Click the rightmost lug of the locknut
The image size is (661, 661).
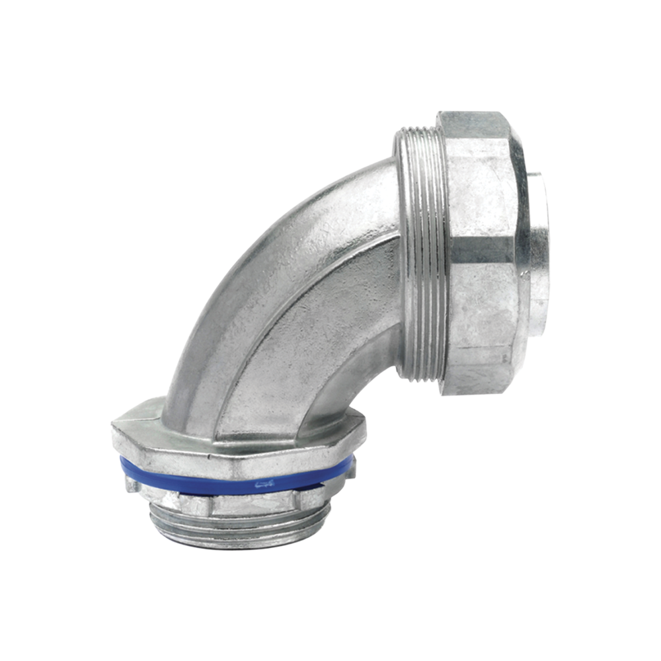(350, 468)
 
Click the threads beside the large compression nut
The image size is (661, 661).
(423, 258)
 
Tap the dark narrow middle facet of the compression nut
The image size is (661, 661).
(479, 250)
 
